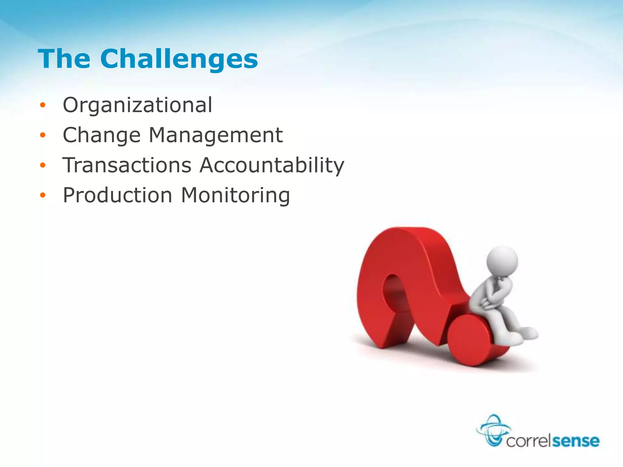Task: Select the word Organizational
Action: click(137, 105)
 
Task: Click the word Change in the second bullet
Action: click(102, 136)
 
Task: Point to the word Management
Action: click(216, 135)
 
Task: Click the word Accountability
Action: click(272, 166)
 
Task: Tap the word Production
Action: click(117, 195)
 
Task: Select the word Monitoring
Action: click(235, 195)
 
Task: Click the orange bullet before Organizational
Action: click(43, 105)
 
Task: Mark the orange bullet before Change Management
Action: click(43, 135)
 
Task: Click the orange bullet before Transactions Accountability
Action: click(43, 165)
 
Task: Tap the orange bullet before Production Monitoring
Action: click(43, 195)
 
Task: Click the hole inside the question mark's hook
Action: click(392, 292)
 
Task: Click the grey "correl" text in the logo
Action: click(529, 441)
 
